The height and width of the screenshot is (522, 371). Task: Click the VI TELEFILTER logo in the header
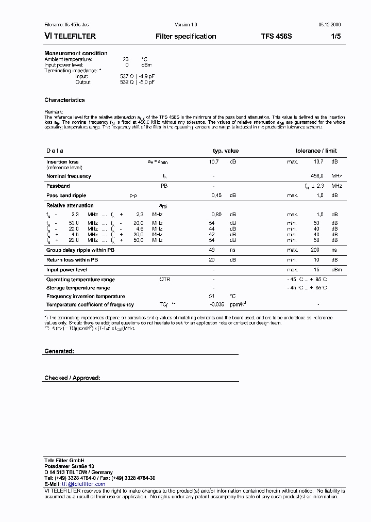pyautogui.click(x=70, y=37)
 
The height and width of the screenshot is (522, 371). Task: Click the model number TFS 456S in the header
pyautogui.click(x=276, y=37)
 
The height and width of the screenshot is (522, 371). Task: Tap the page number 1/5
pyautogui.click(x=335, y=37)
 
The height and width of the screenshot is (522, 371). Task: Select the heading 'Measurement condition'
pyautogui.click(x=76, y=53)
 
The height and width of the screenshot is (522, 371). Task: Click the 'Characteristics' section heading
pyautogui.click(x=64, y=100)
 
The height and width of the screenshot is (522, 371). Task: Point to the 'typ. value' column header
pyautogui.click(x=226, y=151)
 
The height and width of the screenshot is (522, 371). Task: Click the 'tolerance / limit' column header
pyautogui.click(x=316, y=151)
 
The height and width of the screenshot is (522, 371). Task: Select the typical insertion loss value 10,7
pyautogui.click(x=214, y=162)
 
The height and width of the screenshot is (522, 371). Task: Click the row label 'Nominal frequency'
pyautogui.click(x=69, y=176)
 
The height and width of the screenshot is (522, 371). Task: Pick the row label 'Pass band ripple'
pyautogui.click(x=66, y=195)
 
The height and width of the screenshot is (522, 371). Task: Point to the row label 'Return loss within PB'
pyautogui.click(x=72, y=260)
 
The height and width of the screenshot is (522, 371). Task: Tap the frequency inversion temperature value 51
pyautogui.click(x=211, y=296)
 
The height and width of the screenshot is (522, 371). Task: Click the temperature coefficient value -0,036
pyautogui.click(x=217, y=304)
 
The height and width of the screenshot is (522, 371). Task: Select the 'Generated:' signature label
pyautogui.click(x=59, y=351)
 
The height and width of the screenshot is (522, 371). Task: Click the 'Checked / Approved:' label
pyautogui.click(x=72, y=378)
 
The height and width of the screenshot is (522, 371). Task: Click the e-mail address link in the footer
pyautogui.click(x=83, y=484)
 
